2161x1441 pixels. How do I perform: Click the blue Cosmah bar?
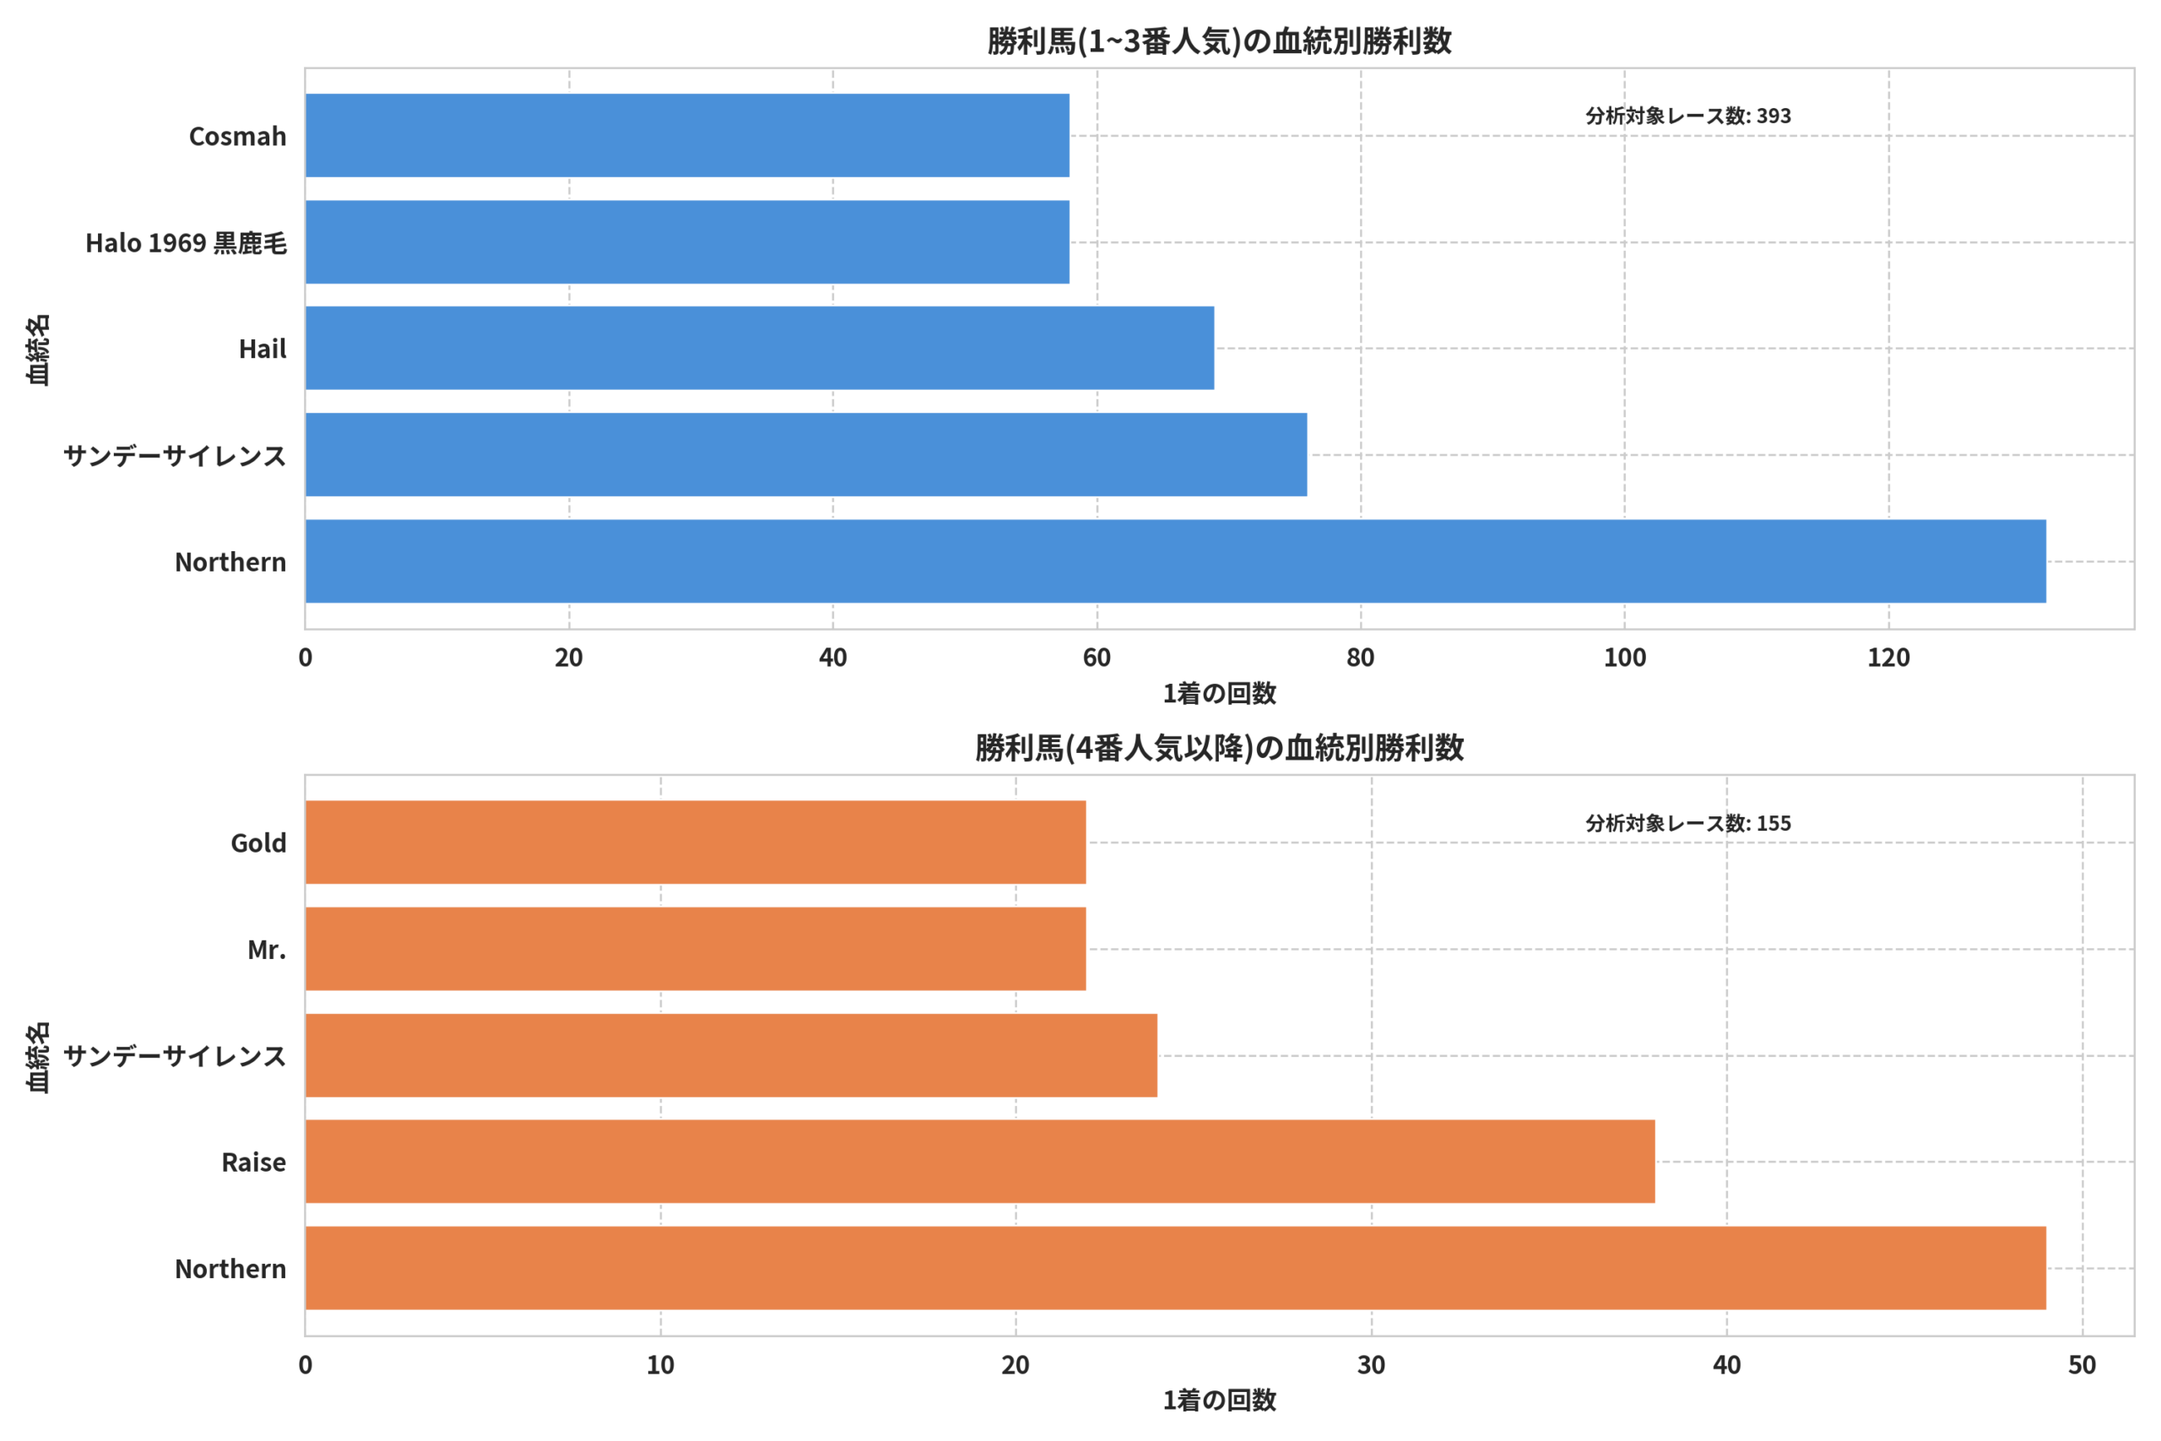click(687, 135)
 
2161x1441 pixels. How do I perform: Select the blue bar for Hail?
click(760, 349)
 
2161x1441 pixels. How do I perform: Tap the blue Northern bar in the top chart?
click(1176, 561)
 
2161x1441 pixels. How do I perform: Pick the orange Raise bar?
click(980, 1162)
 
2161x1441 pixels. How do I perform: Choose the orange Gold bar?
click(696, 842)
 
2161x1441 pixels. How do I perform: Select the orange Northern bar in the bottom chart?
click(1176, 1268)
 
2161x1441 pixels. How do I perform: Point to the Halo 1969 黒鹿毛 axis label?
click(187, 242)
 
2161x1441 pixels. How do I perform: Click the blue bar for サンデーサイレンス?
click(807, 455)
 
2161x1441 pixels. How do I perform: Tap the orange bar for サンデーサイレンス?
click(731, 1056)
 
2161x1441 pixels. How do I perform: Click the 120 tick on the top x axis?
click(1889, 658)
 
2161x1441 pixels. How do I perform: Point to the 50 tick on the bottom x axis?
click(2082, 1366)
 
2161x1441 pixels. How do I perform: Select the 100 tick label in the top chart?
click(1625, 658)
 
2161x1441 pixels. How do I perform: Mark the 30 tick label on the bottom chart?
click(1372, 1366)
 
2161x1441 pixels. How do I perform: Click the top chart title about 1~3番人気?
click(1219, 41)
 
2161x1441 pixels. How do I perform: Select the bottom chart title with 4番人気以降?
click(1219, 748)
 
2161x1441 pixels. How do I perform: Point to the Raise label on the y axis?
click(253, 1162)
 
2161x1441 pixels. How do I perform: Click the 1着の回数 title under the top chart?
click(1219, 694)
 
